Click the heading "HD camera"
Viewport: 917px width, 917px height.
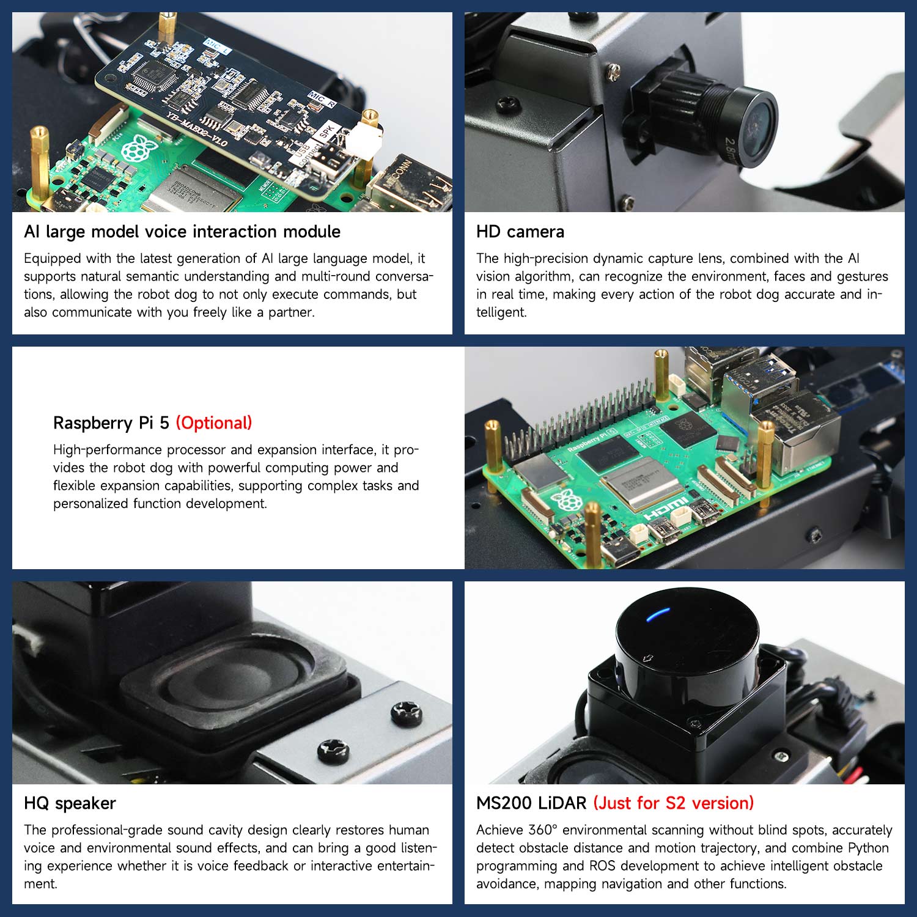tap(520, 232)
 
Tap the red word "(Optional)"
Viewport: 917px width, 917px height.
tap(214, 423)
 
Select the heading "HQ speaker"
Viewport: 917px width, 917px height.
tap(70, 803)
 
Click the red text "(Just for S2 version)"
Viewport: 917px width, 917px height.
tap(674, 803)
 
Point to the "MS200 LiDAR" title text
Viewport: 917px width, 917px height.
tap(531, 803)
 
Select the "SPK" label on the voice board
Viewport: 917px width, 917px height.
tap(328, 133)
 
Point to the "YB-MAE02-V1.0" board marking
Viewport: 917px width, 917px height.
tap(197, 129)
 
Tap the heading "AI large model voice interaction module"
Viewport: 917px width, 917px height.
tap(182, 232)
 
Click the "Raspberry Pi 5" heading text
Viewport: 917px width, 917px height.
tap(111, 423)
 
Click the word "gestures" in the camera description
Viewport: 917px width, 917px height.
tap(862, 277)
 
